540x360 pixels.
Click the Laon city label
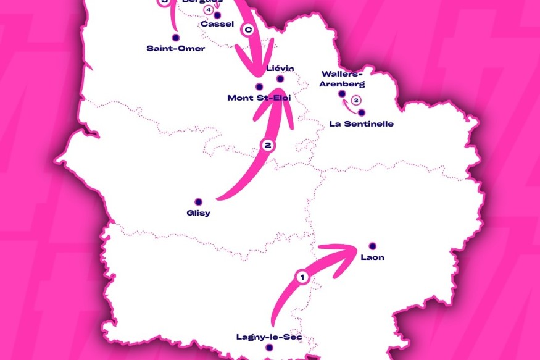[372, 257]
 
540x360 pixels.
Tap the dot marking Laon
[372, 245]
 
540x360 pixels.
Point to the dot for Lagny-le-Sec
[269, 348]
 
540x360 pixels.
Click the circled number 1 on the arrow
[302, 277]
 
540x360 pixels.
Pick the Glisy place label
[198, 213]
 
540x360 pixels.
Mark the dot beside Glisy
[198, 201]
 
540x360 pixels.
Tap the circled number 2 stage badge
[268, 146]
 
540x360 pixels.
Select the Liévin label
[281, 68]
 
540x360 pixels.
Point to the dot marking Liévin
[280, 78]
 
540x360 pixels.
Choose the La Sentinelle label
[362, 123]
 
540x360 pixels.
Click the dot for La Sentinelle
[362, 112]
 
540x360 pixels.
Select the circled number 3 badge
[356, 99]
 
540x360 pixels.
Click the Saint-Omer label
[176, 48]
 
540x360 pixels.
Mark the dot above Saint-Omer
[176, 38]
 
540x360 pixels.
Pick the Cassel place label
[217, 24]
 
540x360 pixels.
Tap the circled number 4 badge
[209, 10]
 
